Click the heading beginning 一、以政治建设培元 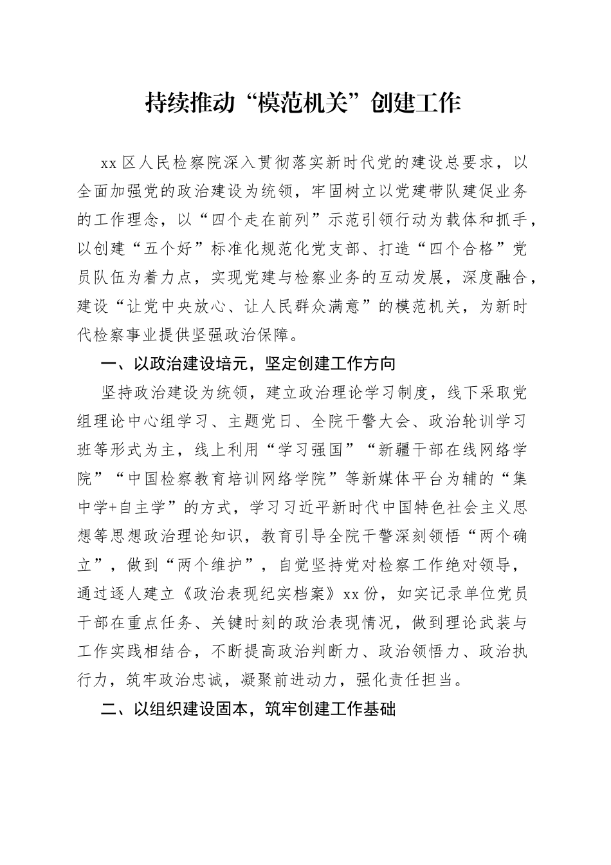coord(248,364)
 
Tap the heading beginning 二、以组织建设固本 coord(248,709)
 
